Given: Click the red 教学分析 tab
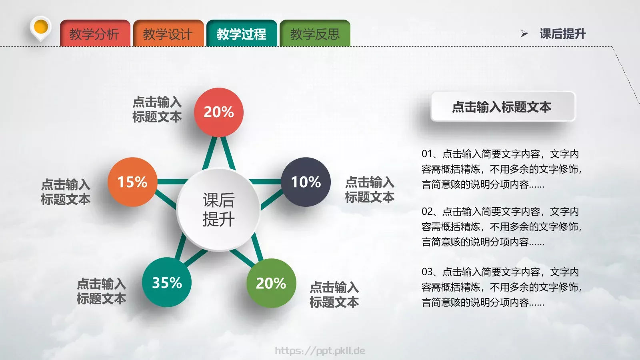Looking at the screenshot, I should [95, 34].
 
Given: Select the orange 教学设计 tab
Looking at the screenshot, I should [168, 34].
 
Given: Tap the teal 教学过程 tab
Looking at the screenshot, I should [241, 34].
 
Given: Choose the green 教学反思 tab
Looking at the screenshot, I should [315, 34].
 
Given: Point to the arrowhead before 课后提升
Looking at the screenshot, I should [524, 34].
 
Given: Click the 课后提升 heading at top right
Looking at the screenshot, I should [562, 34].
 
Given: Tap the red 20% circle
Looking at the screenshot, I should [218, 112].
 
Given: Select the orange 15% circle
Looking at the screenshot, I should [132, 182].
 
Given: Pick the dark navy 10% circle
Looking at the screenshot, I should [306, 182].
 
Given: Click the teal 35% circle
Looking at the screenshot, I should [167, 282].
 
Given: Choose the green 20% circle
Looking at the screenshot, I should [271, 283].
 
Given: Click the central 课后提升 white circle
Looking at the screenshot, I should [218, 210].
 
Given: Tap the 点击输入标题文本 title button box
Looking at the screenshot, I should [502, 107].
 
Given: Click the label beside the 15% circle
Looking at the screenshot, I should [66, 192].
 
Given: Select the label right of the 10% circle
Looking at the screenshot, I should [370, 190].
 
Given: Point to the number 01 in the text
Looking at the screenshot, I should [427, 154].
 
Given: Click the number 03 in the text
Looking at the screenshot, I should [427, 272].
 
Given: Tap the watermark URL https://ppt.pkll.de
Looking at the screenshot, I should [320, 351].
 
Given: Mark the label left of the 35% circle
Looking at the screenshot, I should [101, 291].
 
